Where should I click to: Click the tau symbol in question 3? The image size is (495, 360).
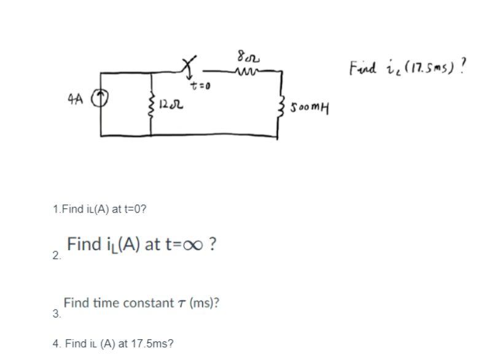182,303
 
